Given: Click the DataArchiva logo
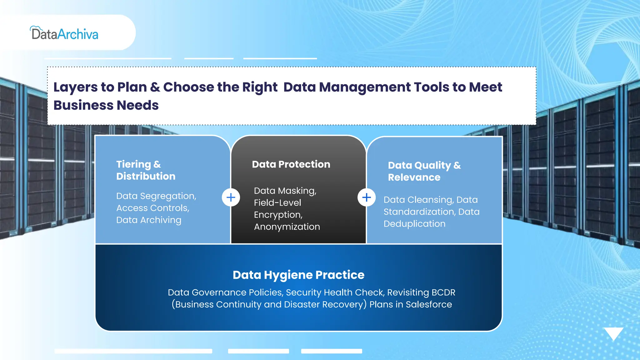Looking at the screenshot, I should point(64,33).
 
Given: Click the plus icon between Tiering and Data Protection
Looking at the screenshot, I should point(231,197).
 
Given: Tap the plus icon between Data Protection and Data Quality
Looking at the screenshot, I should point(366,197).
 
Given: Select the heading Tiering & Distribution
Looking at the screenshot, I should point(146,170).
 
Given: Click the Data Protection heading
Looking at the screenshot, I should point(291,164).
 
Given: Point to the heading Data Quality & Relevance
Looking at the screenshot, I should point(424,171).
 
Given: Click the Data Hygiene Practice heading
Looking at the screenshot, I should point(298,275).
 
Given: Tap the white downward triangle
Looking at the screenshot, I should point(613,333).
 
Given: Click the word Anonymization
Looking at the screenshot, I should point(287,227).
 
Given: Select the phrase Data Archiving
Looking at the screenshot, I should point(149,220).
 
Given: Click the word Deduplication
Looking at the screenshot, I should point(414,224).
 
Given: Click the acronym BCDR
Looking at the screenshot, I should point(443,292).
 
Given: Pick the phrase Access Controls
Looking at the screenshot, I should point(152,208).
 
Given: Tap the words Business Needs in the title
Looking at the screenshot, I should point(106,105).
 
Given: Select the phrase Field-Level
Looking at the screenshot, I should point(277,203).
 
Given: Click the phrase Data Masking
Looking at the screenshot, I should point(284,191).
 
